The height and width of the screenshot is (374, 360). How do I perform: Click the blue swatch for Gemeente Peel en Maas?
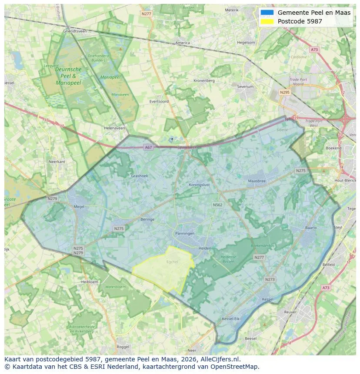(x=267, y=13)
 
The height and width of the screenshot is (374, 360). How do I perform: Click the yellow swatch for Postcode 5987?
(x=267, y=21)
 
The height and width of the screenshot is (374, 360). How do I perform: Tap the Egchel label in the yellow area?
(x=172, y=262)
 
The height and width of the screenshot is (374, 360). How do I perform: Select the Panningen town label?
(x=185, y=233)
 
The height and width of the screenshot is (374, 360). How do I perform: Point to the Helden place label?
(x=204, y=248)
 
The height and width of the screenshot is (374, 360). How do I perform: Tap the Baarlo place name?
(x=311, y=228)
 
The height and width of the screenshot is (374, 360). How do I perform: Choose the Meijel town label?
(x=79, y=207)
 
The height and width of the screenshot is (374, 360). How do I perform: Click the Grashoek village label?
(x=140, y=176)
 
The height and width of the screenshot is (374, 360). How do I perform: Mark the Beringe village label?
(x=147, y=219)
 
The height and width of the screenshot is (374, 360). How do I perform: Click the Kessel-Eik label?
(x=230, y=319)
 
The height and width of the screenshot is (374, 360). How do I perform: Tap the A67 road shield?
(x=149, y=148)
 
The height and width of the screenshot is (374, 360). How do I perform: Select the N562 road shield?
(x=217, y=205)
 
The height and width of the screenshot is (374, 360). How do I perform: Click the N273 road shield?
(x=270, y=279)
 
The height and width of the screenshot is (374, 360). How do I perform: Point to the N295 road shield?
(x=285, y=93)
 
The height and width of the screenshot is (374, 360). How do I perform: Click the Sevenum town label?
(x=245, y=87)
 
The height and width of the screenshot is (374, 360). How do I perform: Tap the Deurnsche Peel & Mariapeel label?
(x=68, y=76)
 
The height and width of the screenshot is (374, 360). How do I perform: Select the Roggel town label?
(x=123, y=347)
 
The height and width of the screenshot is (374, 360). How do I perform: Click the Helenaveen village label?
(x=114, y=128)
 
